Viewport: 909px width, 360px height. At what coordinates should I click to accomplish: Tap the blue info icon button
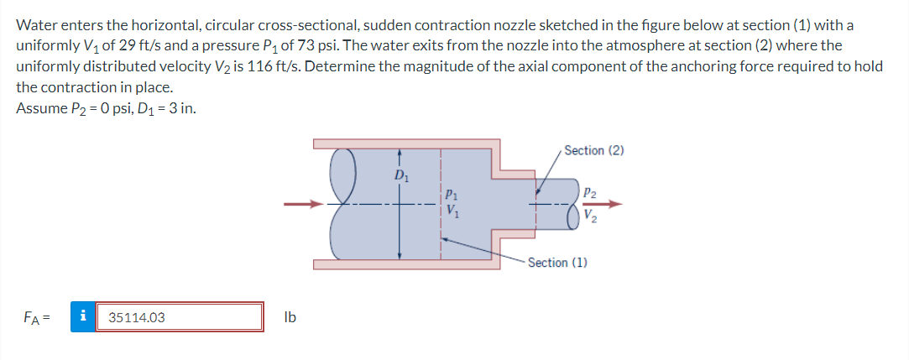tap(82, 318)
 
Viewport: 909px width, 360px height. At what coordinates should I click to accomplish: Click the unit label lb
tap(290, 318)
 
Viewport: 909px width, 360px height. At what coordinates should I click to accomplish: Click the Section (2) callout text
tap(594, 150)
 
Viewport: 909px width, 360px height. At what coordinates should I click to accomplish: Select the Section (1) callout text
tap(557, 263)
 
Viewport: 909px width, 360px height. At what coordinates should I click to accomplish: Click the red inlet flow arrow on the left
tap(301, 203)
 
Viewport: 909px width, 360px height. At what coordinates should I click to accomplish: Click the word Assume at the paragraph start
tap(40, 108)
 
